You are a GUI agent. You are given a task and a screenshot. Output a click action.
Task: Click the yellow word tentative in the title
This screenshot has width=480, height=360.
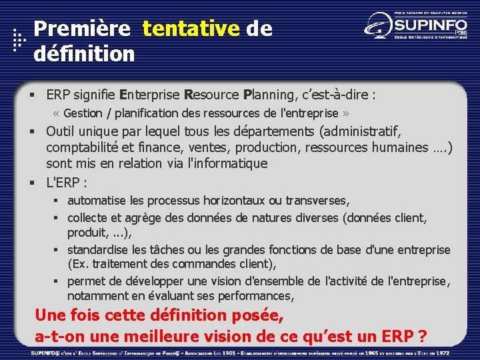click(x=191, y=29)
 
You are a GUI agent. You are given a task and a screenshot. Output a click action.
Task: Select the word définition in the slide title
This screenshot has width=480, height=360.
click(x=84, y=53)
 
